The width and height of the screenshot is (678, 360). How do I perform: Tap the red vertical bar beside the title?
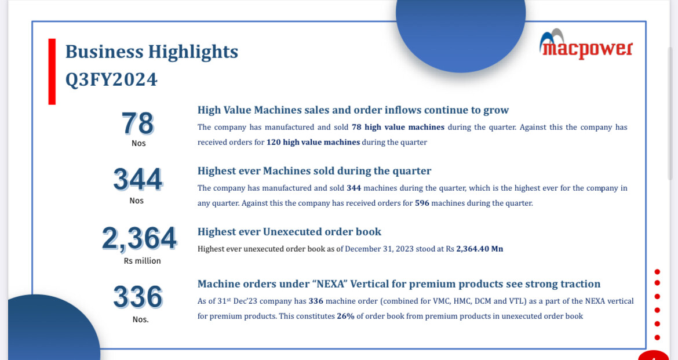click(52, 71)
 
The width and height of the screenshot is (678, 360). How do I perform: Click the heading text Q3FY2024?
click(111, 79)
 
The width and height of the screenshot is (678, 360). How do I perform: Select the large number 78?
click(138, 123)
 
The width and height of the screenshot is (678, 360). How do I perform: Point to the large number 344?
click(137, 179)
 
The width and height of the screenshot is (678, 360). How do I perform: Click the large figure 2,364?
click(139, 238)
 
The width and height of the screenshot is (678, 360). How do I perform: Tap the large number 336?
click(138, 297)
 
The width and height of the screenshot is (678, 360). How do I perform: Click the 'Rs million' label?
click(142, 261)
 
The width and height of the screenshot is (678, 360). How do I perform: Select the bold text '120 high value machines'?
click(313, 143)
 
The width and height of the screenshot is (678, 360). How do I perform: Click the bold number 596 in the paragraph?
click(422, 203)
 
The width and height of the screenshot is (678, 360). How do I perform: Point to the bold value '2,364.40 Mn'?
click(480, 249)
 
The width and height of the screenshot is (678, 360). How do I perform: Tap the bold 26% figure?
click(345, 317)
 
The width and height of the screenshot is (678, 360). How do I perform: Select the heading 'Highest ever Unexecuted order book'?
click(289, 231)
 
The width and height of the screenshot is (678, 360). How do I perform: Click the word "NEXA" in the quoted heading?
click(333, 284)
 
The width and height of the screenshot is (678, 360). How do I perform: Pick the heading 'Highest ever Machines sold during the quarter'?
click(314, 171)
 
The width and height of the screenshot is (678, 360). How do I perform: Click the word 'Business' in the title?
click(104, 52)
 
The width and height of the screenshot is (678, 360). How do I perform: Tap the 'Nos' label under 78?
click(138, 143)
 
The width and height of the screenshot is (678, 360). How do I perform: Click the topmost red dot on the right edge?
click(657, 272)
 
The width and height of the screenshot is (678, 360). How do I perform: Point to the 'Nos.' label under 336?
click(141, 320)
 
